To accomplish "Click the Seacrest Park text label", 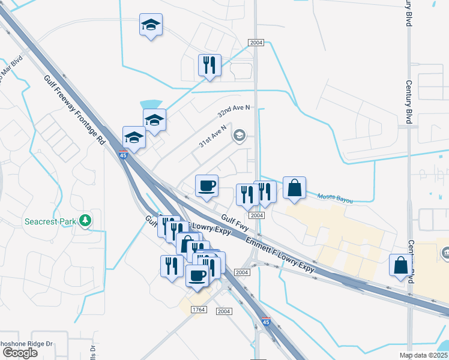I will (x=50, y=221).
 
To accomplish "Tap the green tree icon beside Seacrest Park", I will (x=86, y=221).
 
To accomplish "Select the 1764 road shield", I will (x=199, y=309).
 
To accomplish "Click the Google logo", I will (x=20, y=353).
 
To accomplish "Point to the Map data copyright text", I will (x=424, y=355).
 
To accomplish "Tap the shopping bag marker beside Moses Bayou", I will (x=294, y=188).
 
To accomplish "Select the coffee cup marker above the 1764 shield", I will (x=197, y=275).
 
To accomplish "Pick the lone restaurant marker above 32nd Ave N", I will (x=210, y=65).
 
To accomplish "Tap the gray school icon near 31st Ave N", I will (x=240, y=136).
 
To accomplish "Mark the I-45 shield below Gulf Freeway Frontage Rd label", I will (x=122, y=155).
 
